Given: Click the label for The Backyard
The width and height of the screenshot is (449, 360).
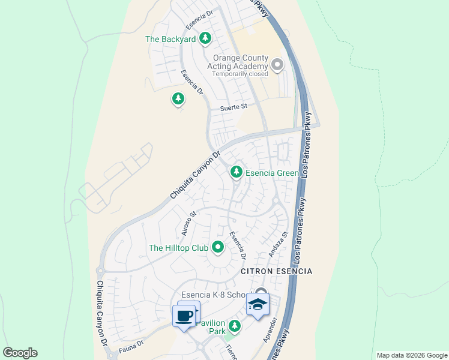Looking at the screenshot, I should pyautogui.click(x=170, y=40).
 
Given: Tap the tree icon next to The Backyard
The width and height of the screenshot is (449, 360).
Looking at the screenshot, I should pyautogui.click(x=205, y=39).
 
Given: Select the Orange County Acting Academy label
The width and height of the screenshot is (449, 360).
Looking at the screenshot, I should pyautogui.click(x=237, y=62).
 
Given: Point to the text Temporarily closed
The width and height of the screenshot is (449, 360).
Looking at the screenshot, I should pyautogui.click(x=237, y=74).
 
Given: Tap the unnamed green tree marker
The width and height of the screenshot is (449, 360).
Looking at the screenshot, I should pyautogui.click(x=178, y=98).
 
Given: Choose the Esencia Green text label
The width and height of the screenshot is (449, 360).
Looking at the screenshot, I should pyautogui.click(x=272, y=173).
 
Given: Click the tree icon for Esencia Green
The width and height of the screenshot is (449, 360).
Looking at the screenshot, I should pyautogui.click(x=237, y=173).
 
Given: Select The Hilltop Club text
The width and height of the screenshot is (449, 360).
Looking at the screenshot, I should pyautogui.click(x=178, y=247).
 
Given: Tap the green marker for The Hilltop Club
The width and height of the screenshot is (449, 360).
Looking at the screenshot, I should pyautogui.click(x=218, y=247).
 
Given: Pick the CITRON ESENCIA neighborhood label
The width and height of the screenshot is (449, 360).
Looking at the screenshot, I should pyautogui.click(x=276, y=271).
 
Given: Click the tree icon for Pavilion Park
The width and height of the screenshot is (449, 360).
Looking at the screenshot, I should pyautogui.click(x=235, y=326).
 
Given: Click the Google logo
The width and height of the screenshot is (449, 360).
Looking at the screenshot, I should pyautogui.click(x=20, y=353).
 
